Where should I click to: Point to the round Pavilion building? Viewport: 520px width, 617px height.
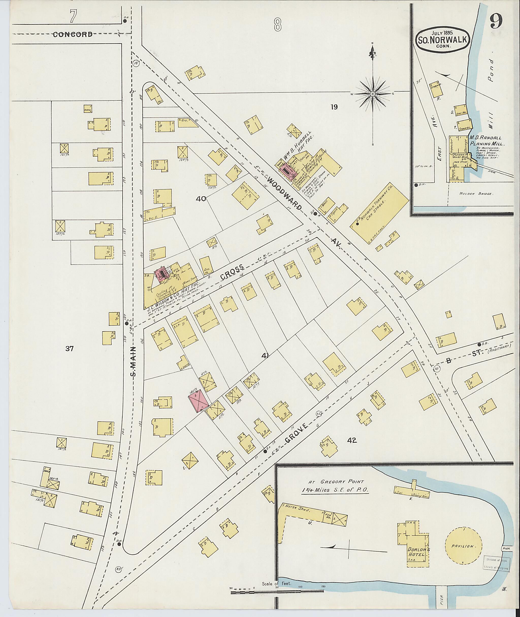[463, 546]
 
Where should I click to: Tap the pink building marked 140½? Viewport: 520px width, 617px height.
[198, 401]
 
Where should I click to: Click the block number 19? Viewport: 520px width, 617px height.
[334, 107]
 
